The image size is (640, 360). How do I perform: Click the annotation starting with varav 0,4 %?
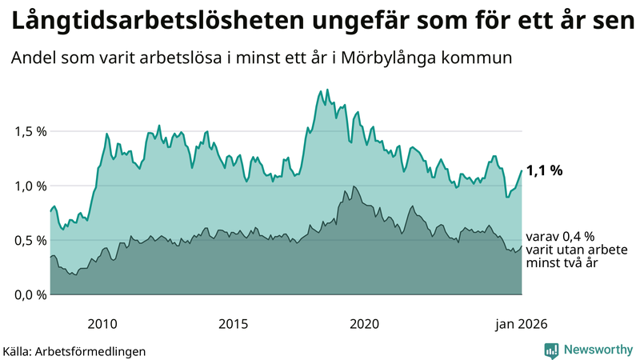point(576,250)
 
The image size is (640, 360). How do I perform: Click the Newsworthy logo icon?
point(552,350)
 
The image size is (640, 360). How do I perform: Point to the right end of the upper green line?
point(522,170)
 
